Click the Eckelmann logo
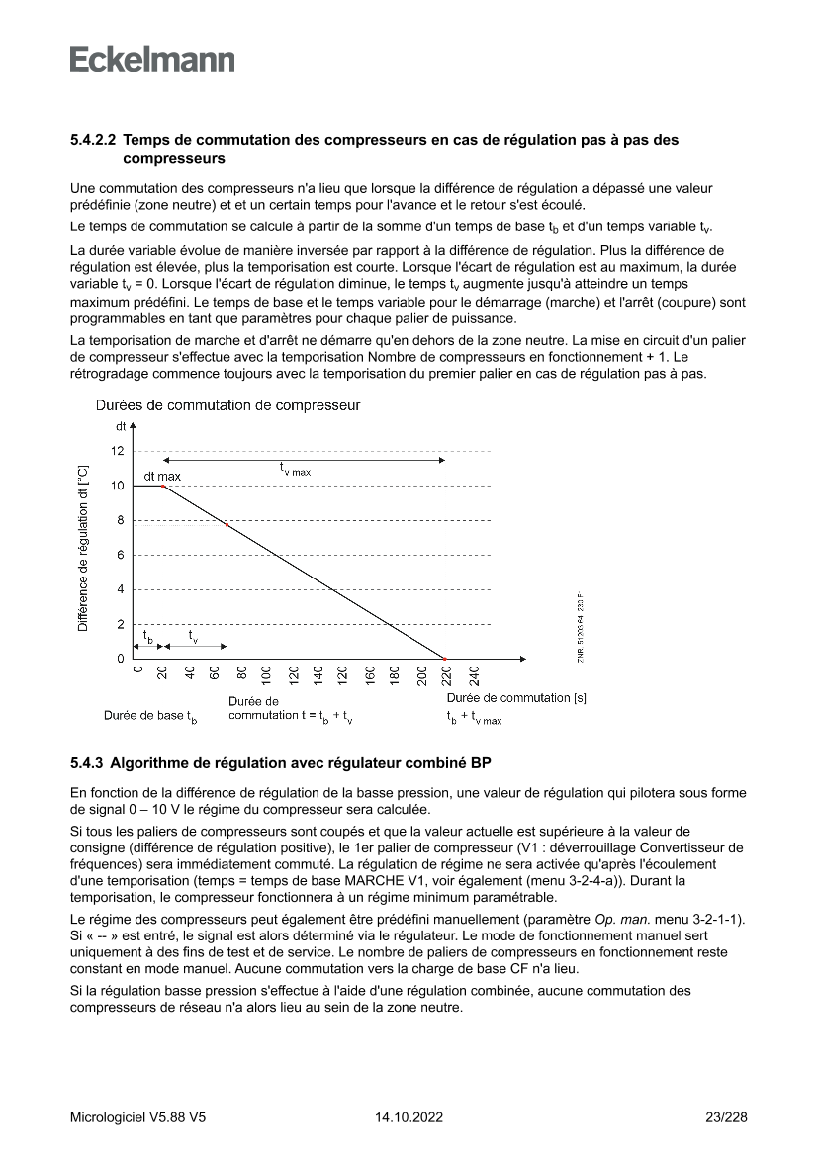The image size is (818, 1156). [152, 60]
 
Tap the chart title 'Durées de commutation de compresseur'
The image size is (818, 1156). [227, 405]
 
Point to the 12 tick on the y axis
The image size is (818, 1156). [118, 451]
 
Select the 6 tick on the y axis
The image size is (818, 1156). [120, 555]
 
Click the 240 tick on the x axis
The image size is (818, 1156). [474, 676]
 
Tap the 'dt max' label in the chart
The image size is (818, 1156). [162, 476]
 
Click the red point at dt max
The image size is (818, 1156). [163, 486]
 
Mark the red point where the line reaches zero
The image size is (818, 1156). [444, 659]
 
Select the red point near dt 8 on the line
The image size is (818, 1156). [227, 524]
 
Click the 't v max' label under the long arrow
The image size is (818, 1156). [294, 471]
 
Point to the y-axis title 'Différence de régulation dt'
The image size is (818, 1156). [84, 549]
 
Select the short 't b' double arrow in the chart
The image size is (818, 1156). [147, 646]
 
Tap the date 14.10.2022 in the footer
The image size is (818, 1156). [409, 1117]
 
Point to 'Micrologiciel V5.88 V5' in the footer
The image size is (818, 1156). [138, 1117]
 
